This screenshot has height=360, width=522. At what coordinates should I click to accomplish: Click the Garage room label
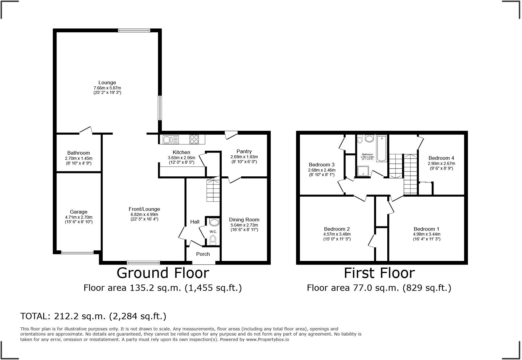tap(79, 212)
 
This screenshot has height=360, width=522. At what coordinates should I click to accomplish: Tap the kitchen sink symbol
tap(171, 140)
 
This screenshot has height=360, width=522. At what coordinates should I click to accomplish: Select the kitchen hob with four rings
tap(194, 140)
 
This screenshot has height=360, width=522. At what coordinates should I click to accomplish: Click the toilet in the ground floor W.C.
tap(213, 240)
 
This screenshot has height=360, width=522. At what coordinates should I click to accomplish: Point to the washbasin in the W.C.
tap(214, 223)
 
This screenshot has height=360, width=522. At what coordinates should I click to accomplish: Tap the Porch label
tap(203, 254)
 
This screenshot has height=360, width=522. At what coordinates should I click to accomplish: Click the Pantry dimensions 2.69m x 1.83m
tap(244, 157)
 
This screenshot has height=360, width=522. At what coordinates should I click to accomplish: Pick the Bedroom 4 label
tap(441, 158)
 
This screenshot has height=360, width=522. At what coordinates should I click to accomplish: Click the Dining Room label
tap(244, 220)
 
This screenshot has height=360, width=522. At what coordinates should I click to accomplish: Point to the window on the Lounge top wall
tap(134, 30)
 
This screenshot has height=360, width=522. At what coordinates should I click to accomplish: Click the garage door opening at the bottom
tap(77, 252)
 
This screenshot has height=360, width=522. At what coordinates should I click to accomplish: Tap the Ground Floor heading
tap(163, 273)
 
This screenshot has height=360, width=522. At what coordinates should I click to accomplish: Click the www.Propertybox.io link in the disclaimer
tap(267, 339)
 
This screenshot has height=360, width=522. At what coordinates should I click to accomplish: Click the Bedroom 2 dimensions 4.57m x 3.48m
tap(337, 234)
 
